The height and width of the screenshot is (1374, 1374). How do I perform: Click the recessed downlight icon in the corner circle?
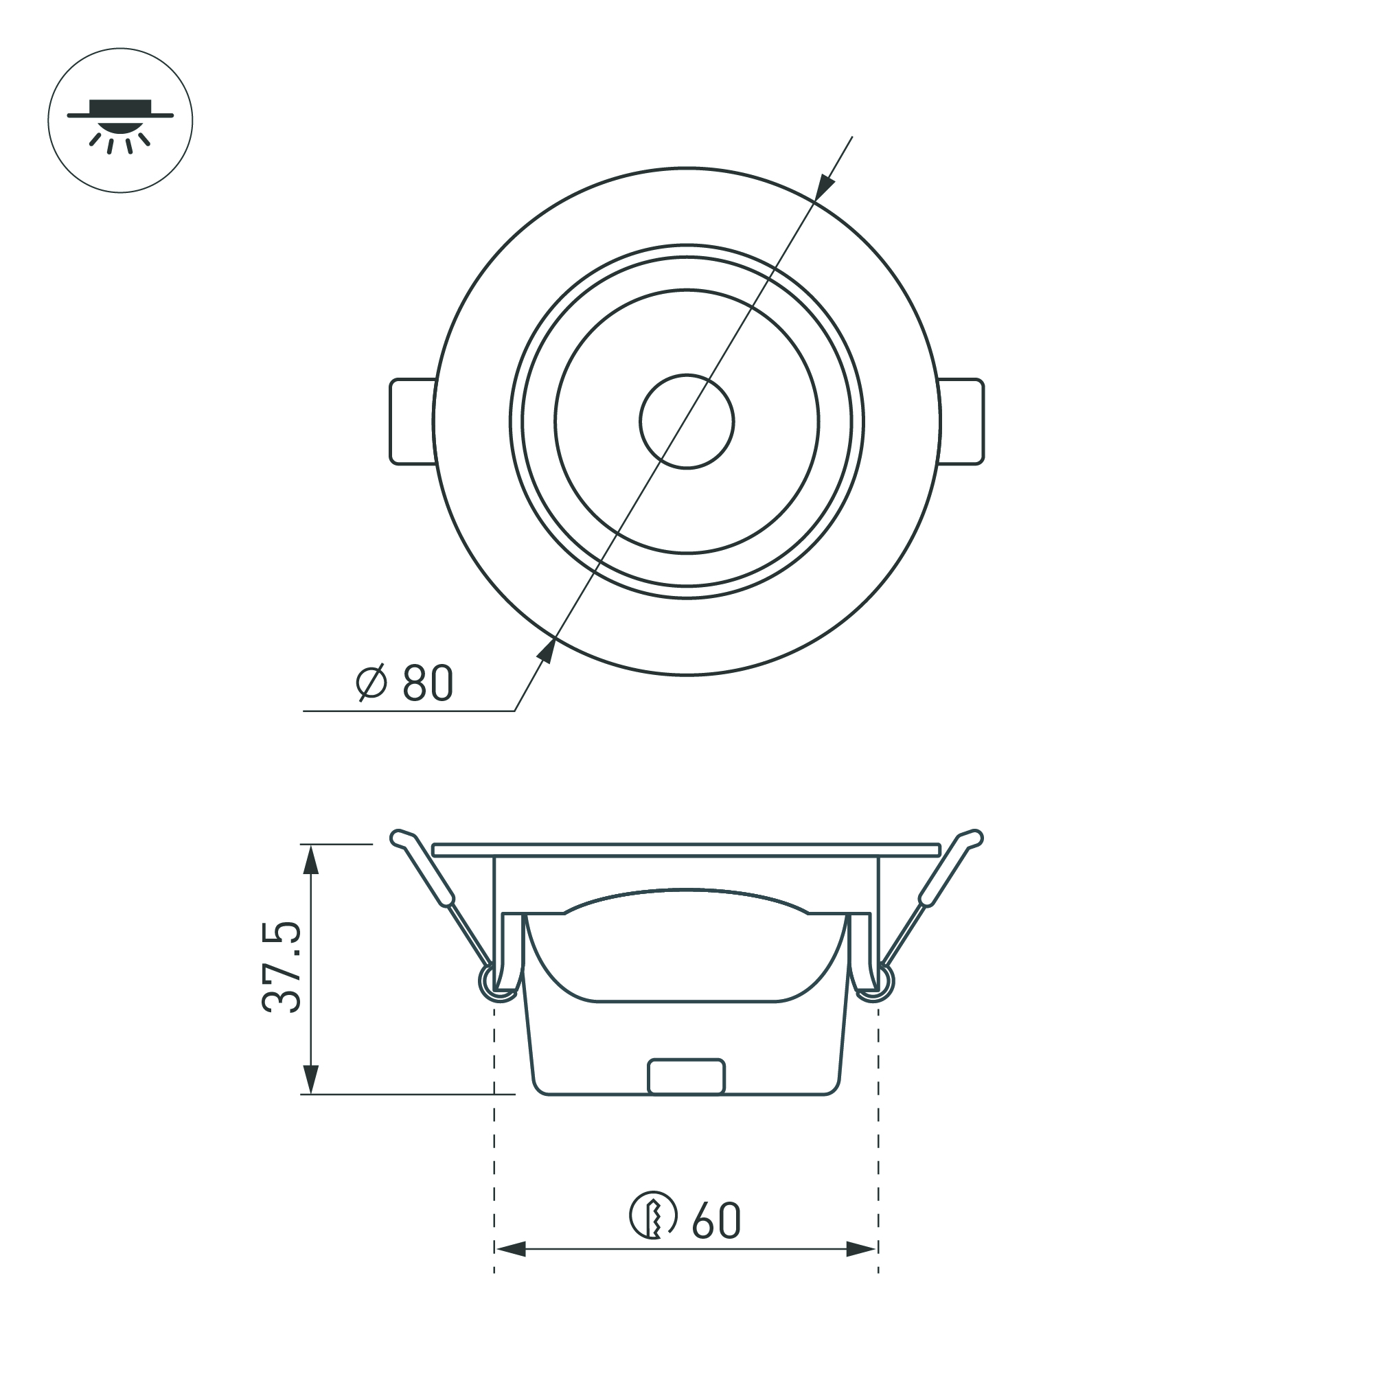point(120,121)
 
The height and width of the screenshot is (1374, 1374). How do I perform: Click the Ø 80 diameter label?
point(404,683)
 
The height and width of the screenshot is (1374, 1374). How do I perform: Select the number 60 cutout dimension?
point(716,1221)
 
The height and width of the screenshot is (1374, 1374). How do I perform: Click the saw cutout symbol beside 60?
point(653,1215)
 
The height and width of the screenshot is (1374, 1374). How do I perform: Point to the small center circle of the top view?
point(686,421)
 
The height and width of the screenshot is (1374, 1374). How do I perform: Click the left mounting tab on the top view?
point(412,421)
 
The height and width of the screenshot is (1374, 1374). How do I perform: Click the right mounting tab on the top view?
point(962,421)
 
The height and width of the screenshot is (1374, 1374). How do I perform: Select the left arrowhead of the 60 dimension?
point(510,1269)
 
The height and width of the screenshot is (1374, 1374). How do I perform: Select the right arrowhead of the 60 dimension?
point(860,1269)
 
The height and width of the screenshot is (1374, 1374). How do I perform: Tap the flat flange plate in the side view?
point(686,850)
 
